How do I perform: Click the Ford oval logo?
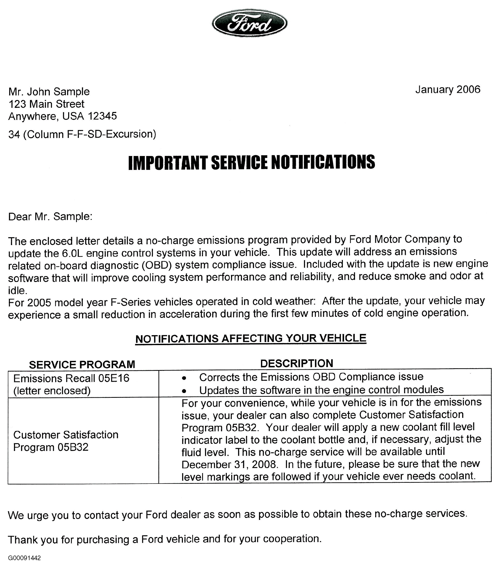coord(249,23)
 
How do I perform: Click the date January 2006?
coord(448,89)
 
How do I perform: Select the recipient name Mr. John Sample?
coord(49,92)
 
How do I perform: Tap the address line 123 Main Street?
coord(46,104)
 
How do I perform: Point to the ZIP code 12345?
coord(102,116)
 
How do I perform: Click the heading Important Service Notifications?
coord(251,163)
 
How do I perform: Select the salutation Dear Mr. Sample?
coord(50,216)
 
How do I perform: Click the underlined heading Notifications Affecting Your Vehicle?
coord(251,338)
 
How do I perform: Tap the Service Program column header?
coord(82,364)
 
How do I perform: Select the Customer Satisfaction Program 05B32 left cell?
coord(66,441)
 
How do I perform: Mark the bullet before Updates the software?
coord(184,391)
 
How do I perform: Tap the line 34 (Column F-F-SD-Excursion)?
coord(82,134)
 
